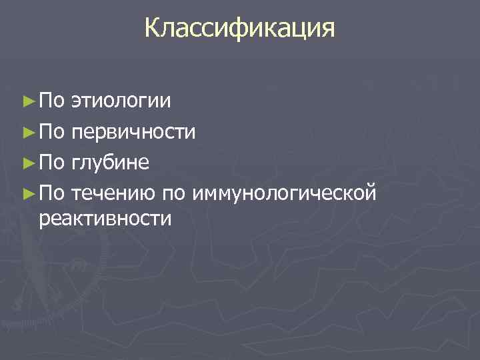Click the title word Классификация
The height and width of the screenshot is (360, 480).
click(239, 29)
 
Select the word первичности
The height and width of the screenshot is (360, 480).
click(133, 132)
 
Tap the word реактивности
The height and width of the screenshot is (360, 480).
click(105, 217)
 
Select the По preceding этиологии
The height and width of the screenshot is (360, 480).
click(51, 101)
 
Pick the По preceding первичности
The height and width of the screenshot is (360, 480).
click(51, 132)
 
